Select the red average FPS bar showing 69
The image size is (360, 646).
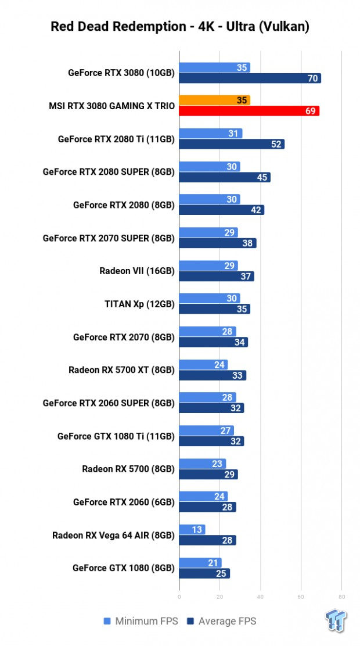pyautogui.click(x=249, y=111)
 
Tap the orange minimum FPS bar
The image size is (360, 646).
pyautogui.click(x=214, y=100)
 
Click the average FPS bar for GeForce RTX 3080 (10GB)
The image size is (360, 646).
pyautogui.click(x=250, y=78)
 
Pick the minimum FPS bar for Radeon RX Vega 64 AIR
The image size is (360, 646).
pyautogui.click(x=192, y=529)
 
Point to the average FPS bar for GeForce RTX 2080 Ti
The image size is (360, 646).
pyautogui.click(x=231, y=144)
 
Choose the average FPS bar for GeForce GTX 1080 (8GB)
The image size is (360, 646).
pyautogui.click(x=204, y=573)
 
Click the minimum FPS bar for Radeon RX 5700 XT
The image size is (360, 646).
pyautogui.click(x=203, y=365)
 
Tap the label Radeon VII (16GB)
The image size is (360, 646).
pyautogui.click(x=137, y=271)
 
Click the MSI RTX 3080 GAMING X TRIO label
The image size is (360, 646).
pyautogui.click(x=111, y=106)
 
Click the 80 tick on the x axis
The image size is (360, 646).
pyautogui.click(x=341, y=596)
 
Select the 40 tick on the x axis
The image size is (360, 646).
pyautogui.click(x=260, y=596)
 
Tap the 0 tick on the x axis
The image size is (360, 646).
pyautogui.click(x=179, y=596)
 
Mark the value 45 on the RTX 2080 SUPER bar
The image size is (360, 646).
pyautogui.click(x=262, y=177)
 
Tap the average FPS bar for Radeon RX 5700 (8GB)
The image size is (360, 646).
pyautogui.click(x=208, y=475)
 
